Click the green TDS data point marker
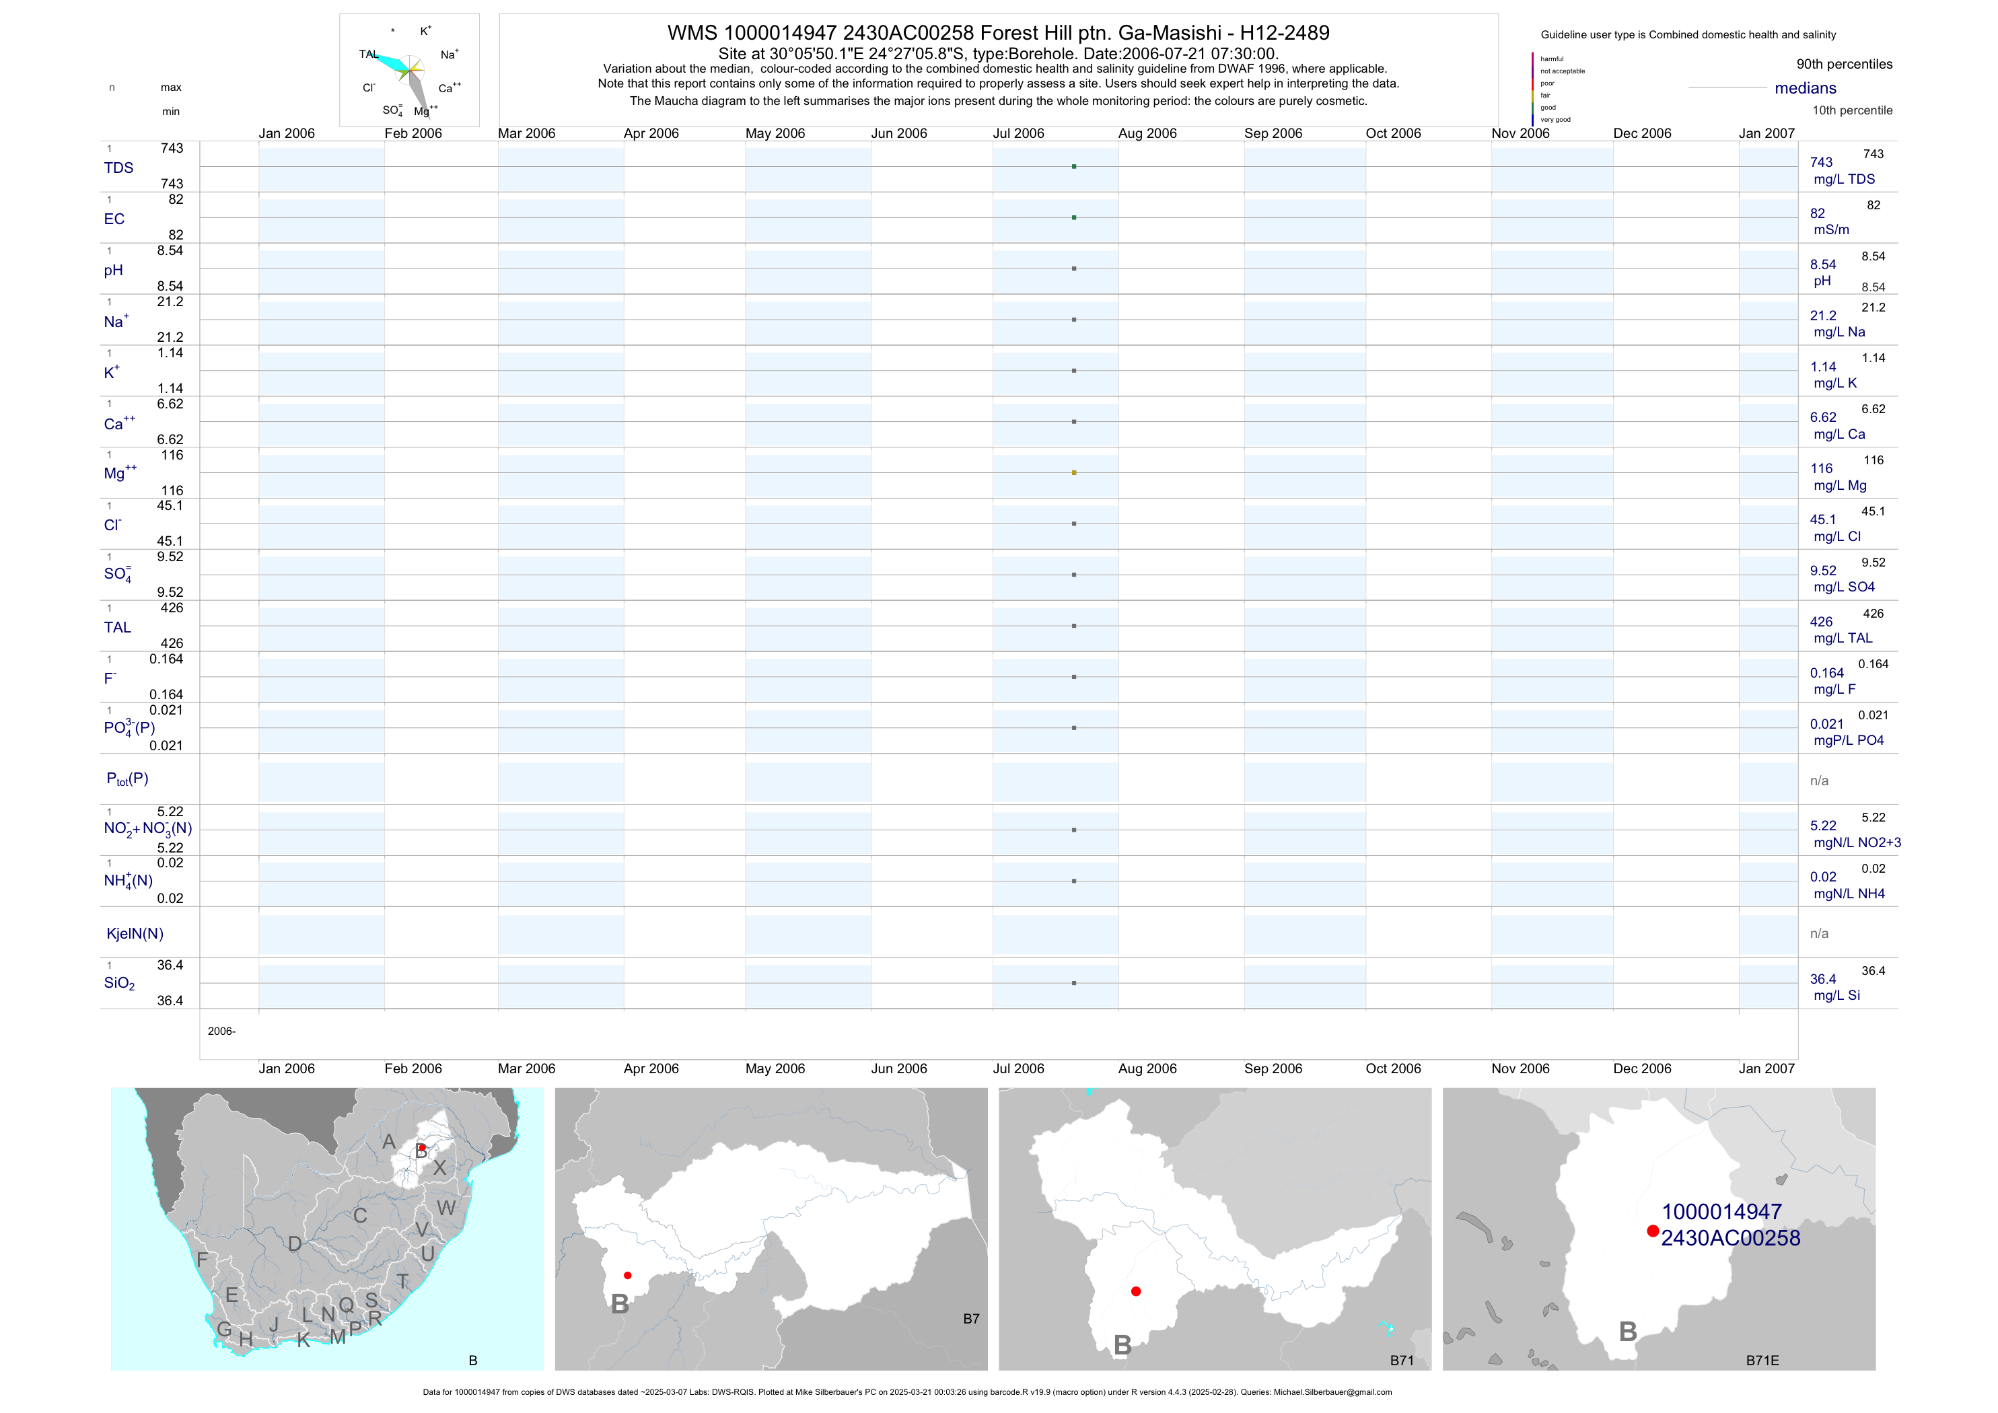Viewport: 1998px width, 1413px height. pos(1074,166)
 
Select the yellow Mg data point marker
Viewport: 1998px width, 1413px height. pos(1074,472)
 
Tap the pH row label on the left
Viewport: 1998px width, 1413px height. pos(113,270)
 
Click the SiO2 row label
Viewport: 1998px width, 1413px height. pos(119,983)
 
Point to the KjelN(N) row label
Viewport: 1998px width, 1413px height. pos(135,934)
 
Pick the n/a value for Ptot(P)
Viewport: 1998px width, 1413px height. pos(1819,781)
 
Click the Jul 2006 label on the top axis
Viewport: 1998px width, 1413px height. pos(1018,133)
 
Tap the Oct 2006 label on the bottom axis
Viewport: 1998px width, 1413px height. pos(1392,1068)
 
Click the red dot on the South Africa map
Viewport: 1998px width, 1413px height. pos(422,1148)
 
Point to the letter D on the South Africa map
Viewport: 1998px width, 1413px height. pos(295,1244)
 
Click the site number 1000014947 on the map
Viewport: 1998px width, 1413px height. pos(1721,1212)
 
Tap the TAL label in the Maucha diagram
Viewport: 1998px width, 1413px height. pos(368,54)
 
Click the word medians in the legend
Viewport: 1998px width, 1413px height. pos(1805,88)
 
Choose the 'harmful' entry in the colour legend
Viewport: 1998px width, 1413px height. pos(1552,59)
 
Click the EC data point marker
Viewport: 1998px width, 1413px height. pos(1074,217)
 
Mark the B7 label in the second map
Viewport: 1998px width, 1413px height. pos(971,1319)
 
